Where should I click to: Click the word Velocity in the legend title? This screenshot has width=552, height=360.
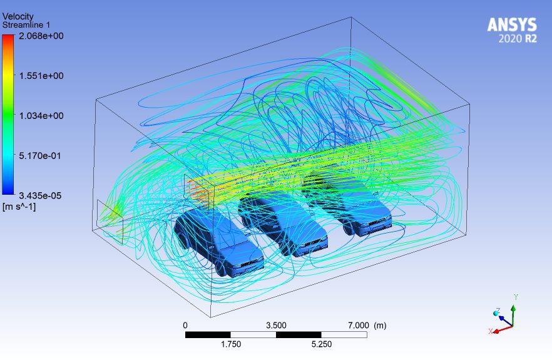pyautogui.click(x=18, y=16)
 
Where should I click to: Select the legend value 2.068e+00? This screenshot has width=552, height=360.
pyautogui.click(x=41, y=36)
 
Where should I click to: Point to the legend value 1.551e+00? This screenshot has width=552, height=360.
pyautogui.click(x=41, y=76)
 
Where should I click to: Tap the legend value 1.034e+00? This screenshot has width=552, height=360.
pyautogui.click(x=41, y=116)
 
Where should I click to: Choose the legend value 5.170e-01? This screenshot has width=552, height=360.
pyautogui.click(x=40, y=156)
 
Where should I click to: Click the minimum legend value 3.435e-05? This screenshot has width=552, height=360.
pyautogui.click(x=40, y=195)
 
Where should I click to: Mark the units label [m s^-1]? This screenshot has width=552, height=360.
pyautogui.click(x=19, y=207)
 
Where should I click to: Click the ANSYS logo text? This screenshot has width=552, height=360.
pyautogui.click(x=512, y=25)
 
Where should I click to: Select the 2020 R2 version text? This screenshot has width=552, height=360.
pyautogui.click(x=518, y=38)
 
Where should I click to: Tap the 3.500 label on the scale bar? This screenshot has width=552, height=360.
pyautogui.click(x=276, y=325)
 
